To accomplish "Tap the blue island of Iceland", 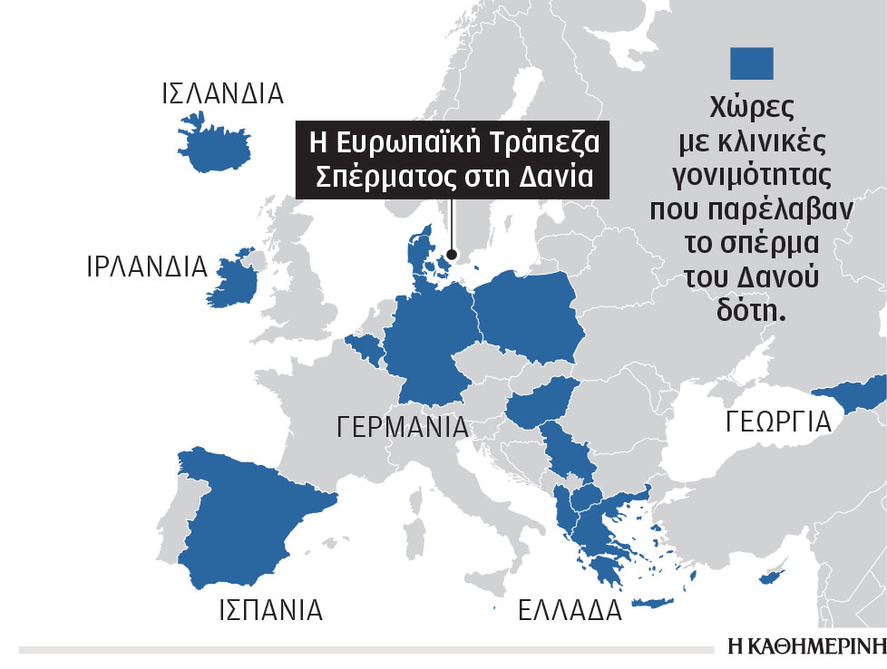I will tap(212, 141).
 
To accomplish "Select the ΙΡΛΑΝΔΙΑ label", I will tap(147, 267).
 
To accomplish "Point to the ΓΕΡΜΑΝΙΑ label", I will tap(402, 427).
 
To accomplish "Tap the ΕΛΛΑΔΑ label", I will tap(570, 611).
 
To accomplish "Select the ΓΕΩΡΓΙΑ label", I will tap(777, 422).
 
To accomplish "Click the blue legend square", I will tap(752, 64).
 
